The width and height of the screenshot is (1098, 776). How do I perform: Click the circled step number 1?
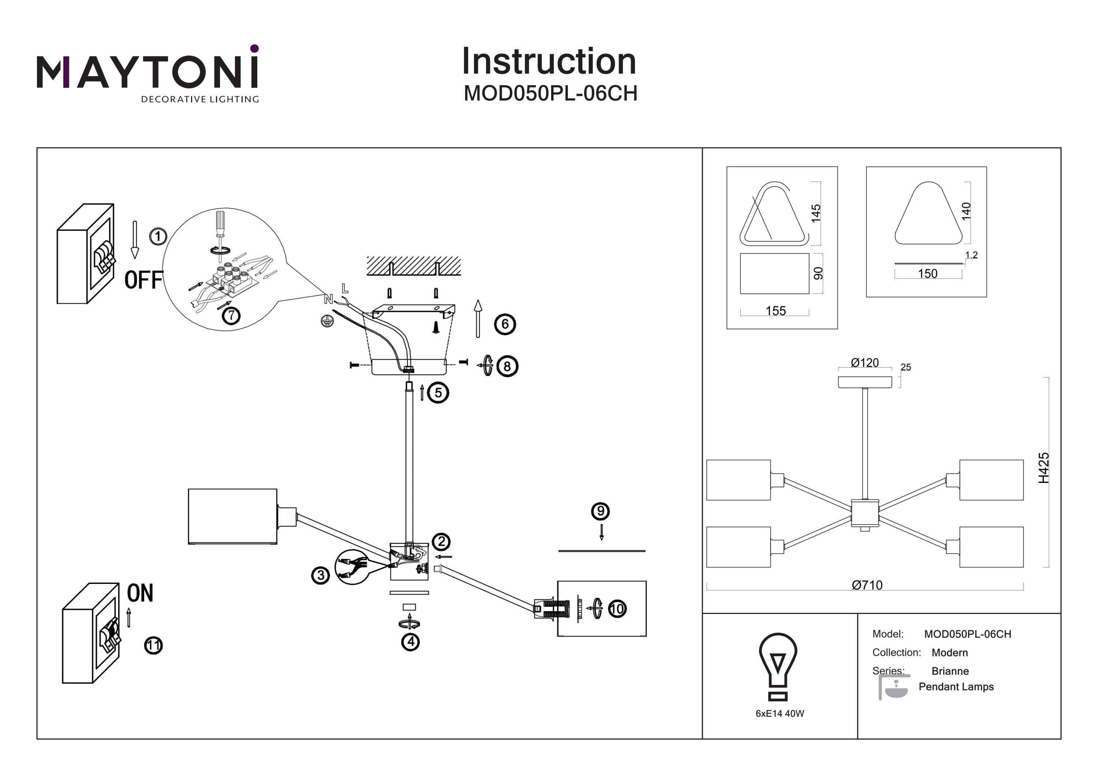(158, 236)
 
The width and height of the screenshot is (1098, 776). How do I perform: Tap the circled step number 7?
(231, 316)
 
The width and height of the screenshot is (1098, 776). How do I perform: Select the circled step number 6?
(505, 324)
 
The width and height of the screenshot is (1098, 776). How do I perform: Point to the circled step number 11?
(153, 645)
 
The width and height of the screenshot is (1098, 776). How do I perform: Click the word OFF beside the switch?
(143, 280)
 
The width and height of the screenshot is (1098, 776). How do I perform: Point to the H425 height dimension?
(1043, 468)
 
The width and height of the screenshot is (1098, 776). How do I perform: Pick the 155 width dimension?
(776, 311)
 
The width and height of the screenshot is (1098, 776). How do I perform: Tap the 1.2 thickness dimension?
(971, 255)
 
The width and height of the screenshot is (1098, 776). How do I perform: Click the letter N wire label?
(328, 299)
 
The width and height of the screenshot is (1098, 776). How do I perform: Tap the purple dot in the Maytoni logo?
(254, 48)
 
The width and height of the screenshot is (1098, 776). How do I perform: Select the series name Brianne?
(950, 671)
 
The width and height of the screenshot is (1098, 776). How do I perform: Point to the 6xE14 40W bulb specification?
(780, 713)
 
